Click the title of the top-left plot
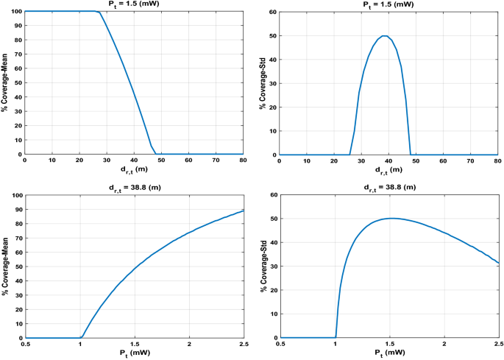coord(134,4)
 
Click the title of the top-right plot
coord(389,4)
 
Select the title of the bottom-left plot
coord(134,188)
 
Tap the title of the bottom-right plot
coord(389,188)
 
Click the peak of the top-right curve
coord(384,36)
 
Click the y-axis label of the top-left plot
coord(5,82)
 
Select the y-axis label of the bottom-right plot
coord(263,266)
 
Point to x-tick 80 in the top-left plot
coord(243,161)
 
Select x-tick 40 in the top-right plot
coord(389,161)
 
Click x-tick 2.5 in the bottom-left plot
coord(243,345)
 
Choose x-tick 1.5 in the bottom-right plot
coord(389,345)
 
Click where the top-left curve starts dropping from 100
coord(99,12)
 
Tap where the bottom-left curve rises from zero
coord(80,337)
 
